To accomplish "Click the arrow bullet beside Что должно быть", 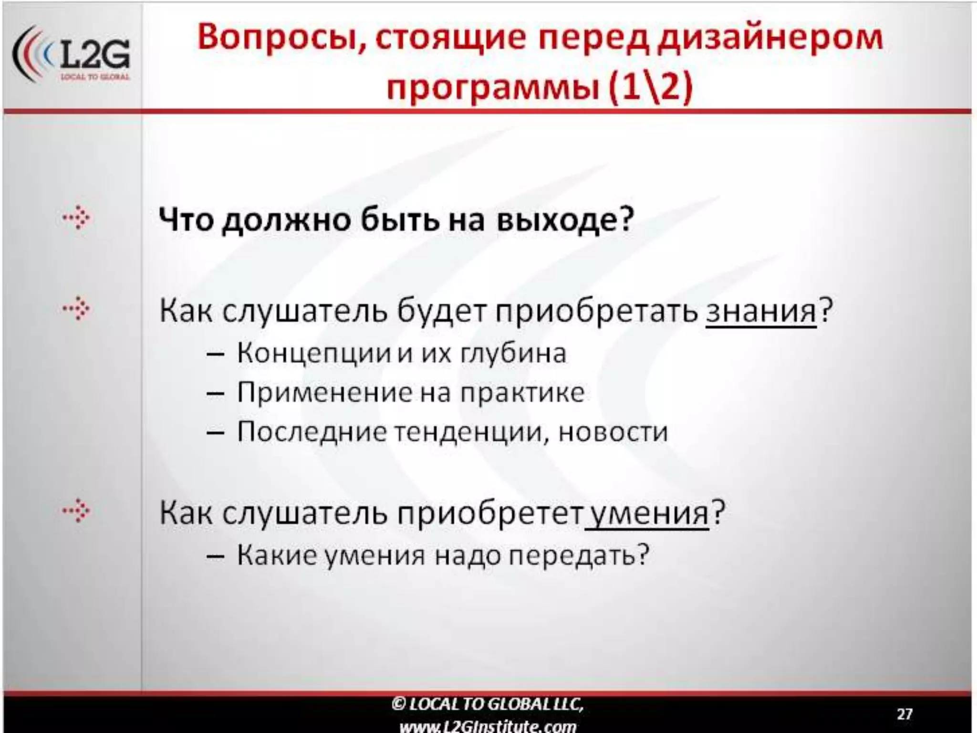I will (x=76, y=219).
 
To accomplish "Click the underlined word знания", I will (x=761, y=311).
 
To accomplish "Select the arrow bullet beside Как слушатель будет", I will (x=76, y=309).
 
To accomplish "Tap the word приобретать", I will (x=596, y=311).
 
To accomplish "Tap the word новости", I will (x=613, y=432).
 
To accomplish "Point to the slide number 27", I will (x=904, y=714).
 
